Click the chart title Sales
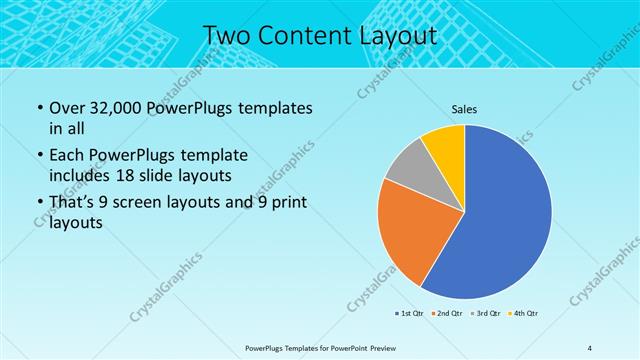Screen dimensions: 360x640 (x=464, y=108)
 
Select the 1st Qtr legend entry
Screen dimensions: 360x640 (x=409, y=314)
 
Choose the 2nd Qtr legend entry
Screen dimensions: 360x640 (x=446, y=314)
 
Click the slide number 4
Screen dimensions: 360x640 (x=590, y=347)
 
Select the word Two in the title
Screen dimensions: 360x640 (x=226, y=36)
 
